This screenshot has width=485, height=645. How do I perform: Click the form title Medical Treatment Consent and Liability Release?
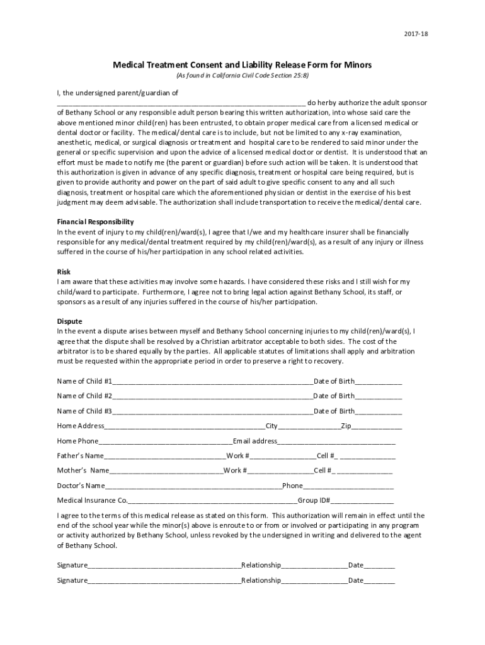[242, 65]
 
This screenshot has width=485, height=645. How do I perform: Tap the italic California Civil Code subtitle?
[242, 76]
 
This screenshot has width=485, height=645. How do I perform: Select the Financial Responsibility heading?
[95, 222]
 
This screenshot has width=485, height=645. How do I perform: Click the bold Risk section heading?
[64, 271]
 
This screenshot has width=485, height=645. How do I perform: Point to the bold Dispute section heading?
[69, 321]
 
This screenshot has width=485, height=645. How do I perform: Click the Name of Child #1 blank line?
[213, 382]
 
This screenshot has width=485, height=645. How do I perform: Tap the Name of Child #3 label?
[84, 411]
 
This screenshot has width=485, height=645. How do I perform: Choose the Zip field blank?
[377, 427]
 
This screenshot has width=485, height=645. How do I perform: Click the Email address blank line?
[336, 442]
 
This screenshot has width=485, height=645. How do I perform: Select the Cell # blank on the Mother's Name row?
[365, 471]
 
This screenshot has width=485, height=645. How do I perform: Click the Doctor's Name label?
[81, 486]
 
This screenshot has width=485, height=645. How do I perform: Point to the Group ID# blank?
[362, 501]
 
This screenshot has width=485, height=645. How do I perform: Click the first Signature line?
[164, 566]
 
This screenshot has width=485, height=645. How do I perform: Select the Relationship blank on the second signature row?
[314, 581]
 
